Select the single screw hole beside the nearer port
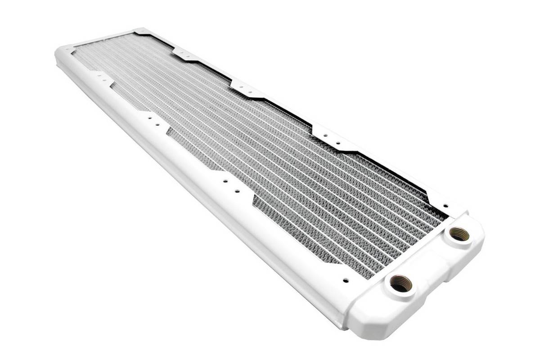coord(345,279)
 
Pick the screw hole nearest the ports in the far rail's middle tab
coord(251,89)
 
